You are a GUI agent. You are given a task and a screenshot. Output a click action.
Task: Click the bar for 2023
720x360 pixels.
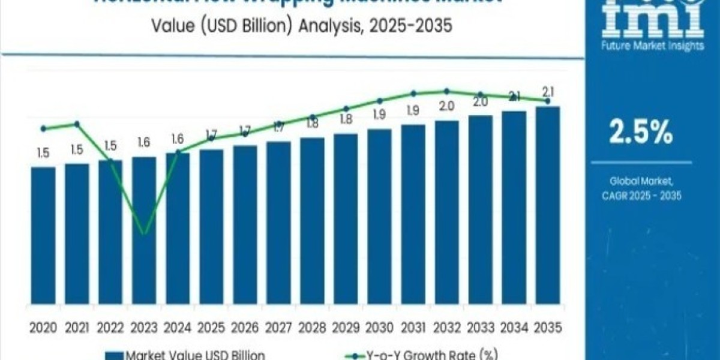pos(144,234)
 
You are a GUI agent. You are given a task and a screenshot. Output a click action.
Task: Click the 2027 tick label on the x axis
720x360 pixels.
pos(278,328)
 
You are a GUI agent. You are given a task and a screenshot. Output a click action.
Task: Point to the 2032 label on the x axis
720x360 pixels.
pos(447,328)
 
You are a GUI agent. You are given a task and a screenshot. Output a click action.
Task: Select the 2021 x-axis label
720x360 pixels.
pos(76,328)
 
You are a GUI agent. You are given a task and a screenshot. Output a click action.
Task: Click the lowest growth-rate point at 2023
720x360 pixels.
pos(144,233)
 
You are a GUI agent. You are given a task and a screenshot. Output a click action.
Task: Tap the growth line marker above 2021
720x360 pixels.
pos(77,124)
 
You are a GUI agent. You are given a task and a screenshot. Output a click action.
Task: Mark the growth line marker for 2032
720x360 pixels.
pos(447,91)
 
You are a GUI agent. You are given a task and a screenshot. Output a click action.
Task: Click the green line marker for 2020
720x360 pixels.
pos(43,128)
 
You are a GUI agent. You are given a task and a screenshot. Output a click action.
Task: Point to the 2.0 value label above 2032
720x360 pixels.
pos(447,106)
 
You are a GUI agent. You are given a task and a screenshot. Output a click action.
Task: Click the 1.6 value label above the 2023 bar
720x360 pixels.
pos(144,143)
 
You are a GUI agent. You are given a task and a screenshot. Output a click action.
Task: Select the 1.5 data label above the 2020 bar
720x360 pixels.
pos(43,154)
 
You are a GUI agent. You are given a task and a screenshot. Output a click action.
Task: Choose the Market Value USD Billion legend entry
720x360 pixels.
pos(186,355)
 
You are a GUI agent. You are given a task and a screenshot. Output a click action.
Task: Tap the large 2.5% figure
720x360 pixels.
pos(641,133)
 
